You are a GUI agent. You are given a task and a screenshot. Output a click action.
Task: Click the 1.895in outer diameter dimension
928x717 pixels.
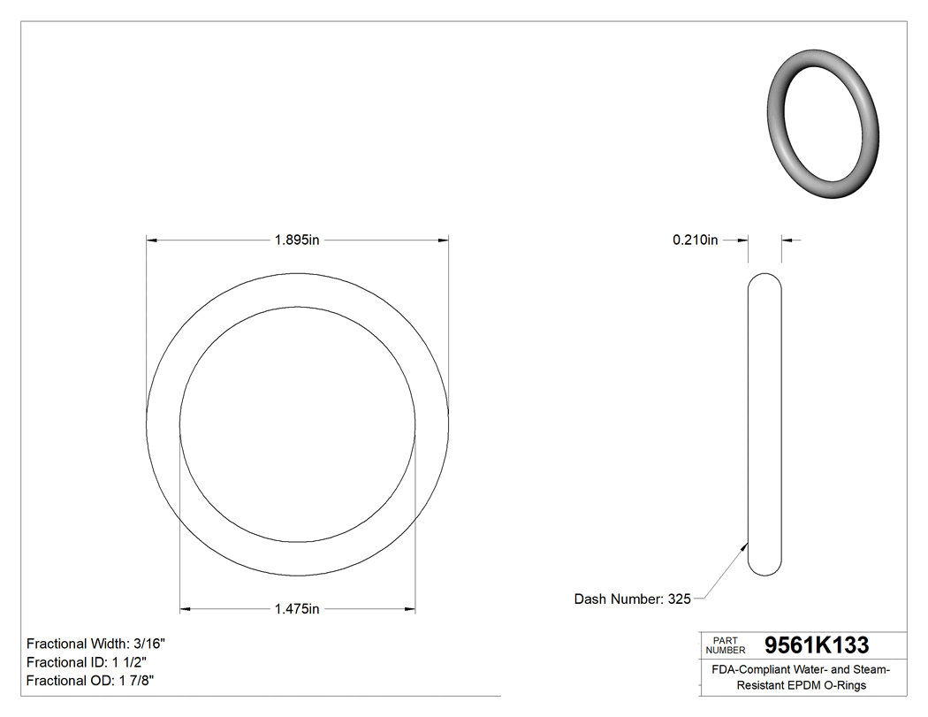point(297,240)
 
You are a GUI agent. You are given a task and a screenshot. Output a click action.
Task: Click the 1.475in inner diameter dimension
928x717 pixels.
point(297,608)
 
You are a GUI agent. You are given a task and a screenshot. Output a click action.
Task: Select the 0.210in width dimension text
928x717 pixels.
point(695,240)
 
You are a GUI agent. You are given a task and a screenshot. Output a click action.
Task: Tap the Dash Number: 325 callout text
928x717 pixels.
point(632,599)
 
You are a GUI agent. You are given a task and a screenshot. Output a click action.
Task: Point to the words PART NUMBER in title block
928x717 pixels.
point(726,645)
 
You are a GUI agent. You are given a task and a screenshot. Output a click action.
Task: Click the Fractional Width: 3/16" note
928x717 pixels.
point(95,644)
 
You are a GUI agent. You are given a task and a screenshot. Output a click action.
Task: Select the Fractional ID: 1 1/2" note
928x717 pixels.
point(87,662)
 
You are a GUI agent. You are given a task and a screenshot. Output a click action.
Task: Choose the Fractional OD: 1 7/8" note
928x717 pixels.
point(91,680)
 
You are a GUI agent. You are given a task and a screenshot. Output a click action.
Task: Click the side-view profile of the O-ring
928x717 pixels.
point(764,424)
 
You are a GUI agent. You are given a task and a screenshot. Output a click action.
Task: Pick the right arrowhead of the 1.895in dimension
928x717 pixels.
point(444,240)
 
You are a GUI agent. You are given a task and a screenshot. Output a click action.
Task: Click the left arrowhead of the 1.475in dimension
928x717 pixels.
point(186,608)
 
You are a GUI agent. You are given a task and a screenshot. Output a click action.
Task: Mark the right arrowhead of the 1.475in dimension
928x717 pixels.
point(410,608)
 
